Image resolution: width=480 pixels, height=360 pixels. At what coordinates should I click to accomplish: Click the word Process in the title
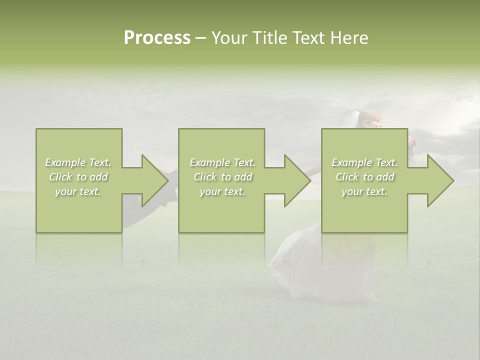click(x=157, y=38)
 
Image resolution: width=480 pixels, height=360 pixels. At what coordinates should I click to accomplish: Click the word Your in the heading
click(x=229, y=38)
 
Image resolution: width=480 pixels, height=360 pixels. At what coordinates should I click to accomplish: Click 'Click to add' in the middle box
click(x=222, y=177)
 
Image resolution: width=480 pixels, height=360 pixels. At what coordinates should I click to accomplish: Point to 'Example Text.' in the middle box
click(x=222, y=162)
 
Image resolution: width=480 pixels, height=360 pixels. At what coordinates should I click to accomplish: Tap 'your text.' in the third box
click(x=364, y=191)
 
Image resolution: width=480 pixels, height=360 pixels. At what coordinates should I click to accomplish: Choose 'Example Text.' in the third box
click(x=364, y=162)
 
